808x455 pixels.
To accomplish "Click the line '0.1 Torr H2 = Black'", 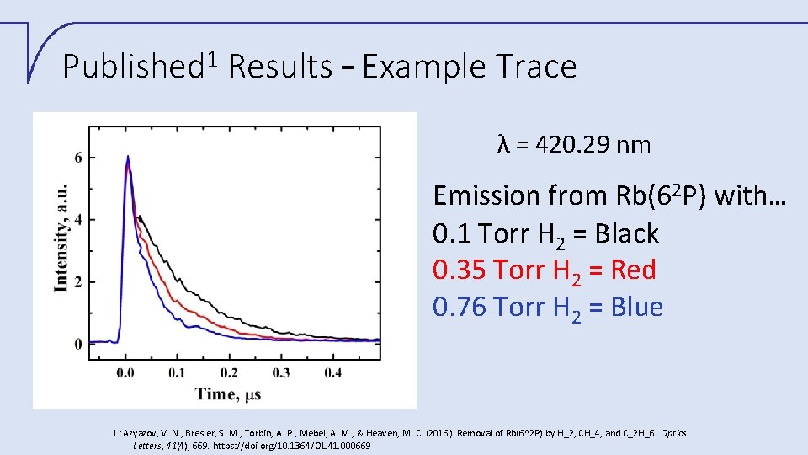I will click(545, 233).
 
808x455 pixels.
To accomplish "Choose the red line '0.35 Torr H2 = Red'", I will click(544, 270).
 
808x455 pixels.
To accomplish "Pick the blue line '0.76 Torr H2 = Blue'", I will click(547, 308).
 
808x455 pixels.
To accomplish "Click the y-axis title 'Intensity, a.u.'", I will click(61, 238).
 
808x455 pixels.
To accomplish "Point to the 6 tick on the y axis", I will click(78, 158).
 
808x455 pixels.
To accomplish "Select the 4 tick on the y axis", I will click(78, 220).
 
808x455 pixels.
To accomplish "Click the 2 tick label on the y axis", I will click(78, 282).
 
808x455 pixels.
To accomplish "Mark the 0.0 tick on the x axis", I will click(126, 372).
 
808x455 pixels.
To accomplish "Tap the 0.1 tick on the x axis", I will click(178, 372).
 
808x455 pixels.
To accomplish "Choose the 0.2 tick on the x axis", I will click(229, 372).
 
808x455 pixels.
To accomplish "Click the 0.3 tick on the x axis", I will click(281, 372).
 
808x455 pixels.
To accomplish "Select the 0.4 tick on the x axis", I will click(332, 372).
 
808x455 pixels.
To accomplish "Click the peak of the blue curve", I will click(127, 157).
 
